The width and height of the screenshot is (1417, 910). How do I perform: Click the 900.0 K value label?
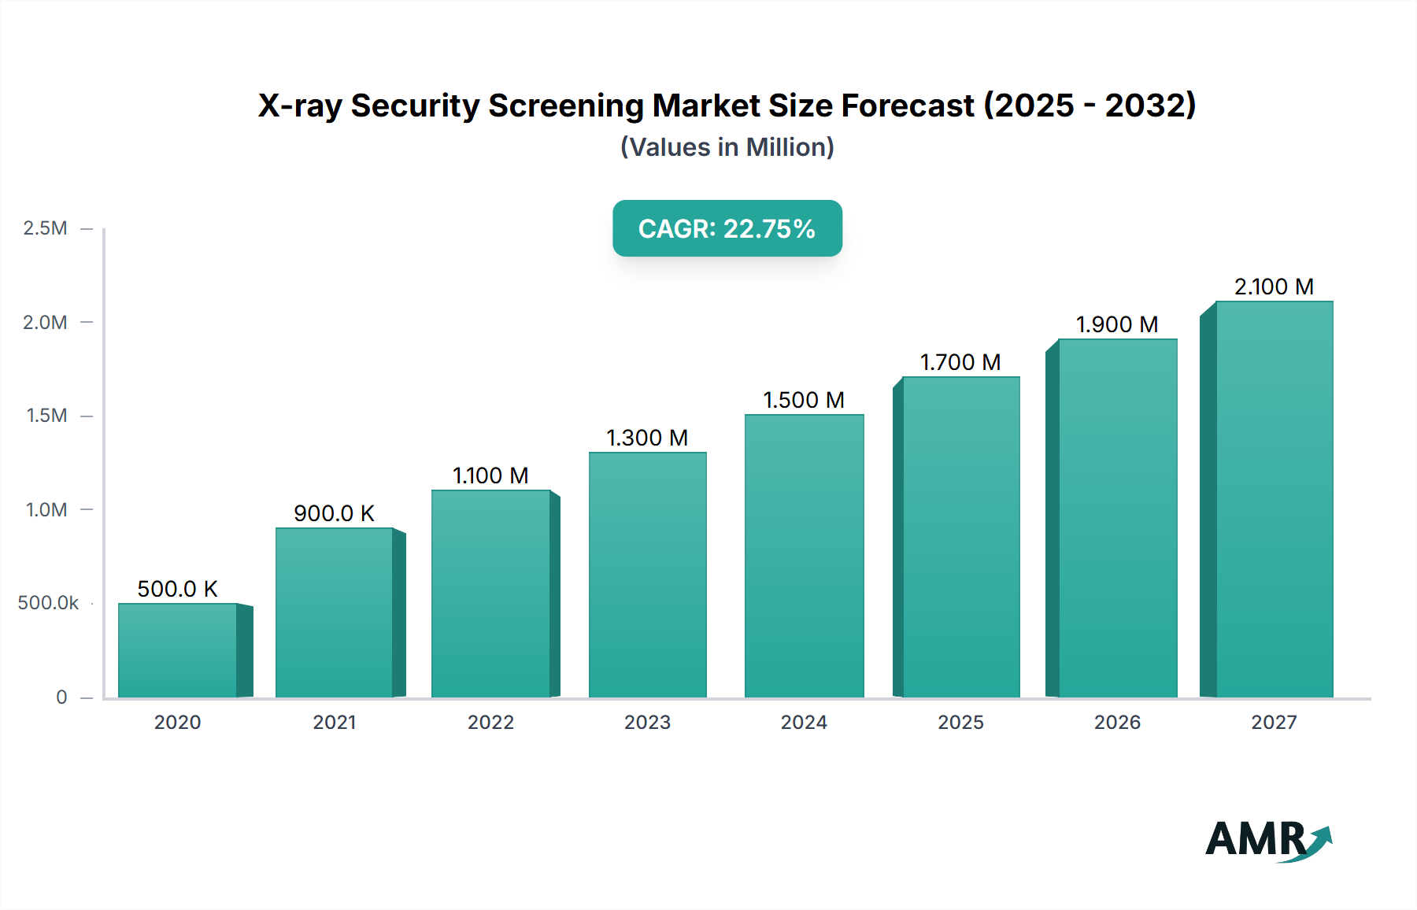point(334,513)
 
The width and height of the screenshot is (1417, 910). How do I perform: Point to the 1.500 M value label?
point(804,400)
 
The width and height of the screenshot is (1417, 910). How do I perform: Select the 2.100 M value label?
point(1274,287)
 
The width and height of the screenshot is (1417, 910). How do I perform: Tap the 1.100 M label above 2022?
point(490,475)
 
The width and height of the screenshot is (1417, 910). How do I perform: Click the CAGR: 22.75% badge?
point(727,228)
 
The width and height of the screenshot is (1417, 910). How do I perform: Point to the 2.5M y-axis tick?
point(46,228)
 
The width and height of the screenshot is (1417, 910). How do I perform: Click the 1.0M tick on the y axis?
point(46,509)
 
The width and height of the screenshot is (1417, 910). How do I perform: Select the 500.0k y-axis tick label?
point(48,603)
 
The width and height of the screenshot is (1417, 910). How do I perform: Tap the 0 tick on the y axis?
point(61,697)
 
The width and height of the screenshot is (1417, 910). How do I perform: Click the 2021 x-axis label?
point(335,722)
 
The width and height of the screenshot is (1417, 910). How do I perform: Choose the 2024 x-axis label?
point(804,722)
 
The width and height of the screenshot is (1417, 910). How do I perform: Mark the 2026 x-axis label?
point(1117,722)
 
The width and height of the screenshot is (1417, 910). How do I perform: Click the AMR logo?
point(1267,840)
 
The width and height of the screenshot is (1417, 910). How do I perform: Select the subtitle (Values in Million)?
point(727,147)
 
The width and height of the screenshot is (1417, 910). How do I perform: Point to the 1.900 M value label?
point(1117,324)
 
